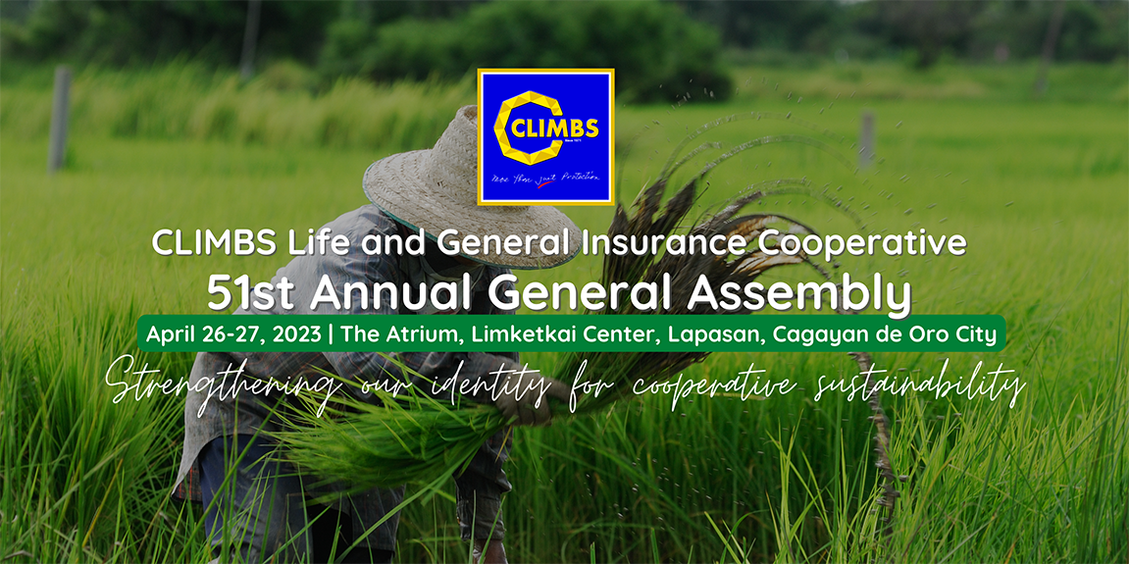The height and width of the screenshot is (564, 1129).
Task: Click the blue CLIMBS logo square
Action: tap(545, 137)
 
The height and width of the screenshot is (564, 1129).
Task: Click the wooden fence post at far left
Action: tap(60, 120)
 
